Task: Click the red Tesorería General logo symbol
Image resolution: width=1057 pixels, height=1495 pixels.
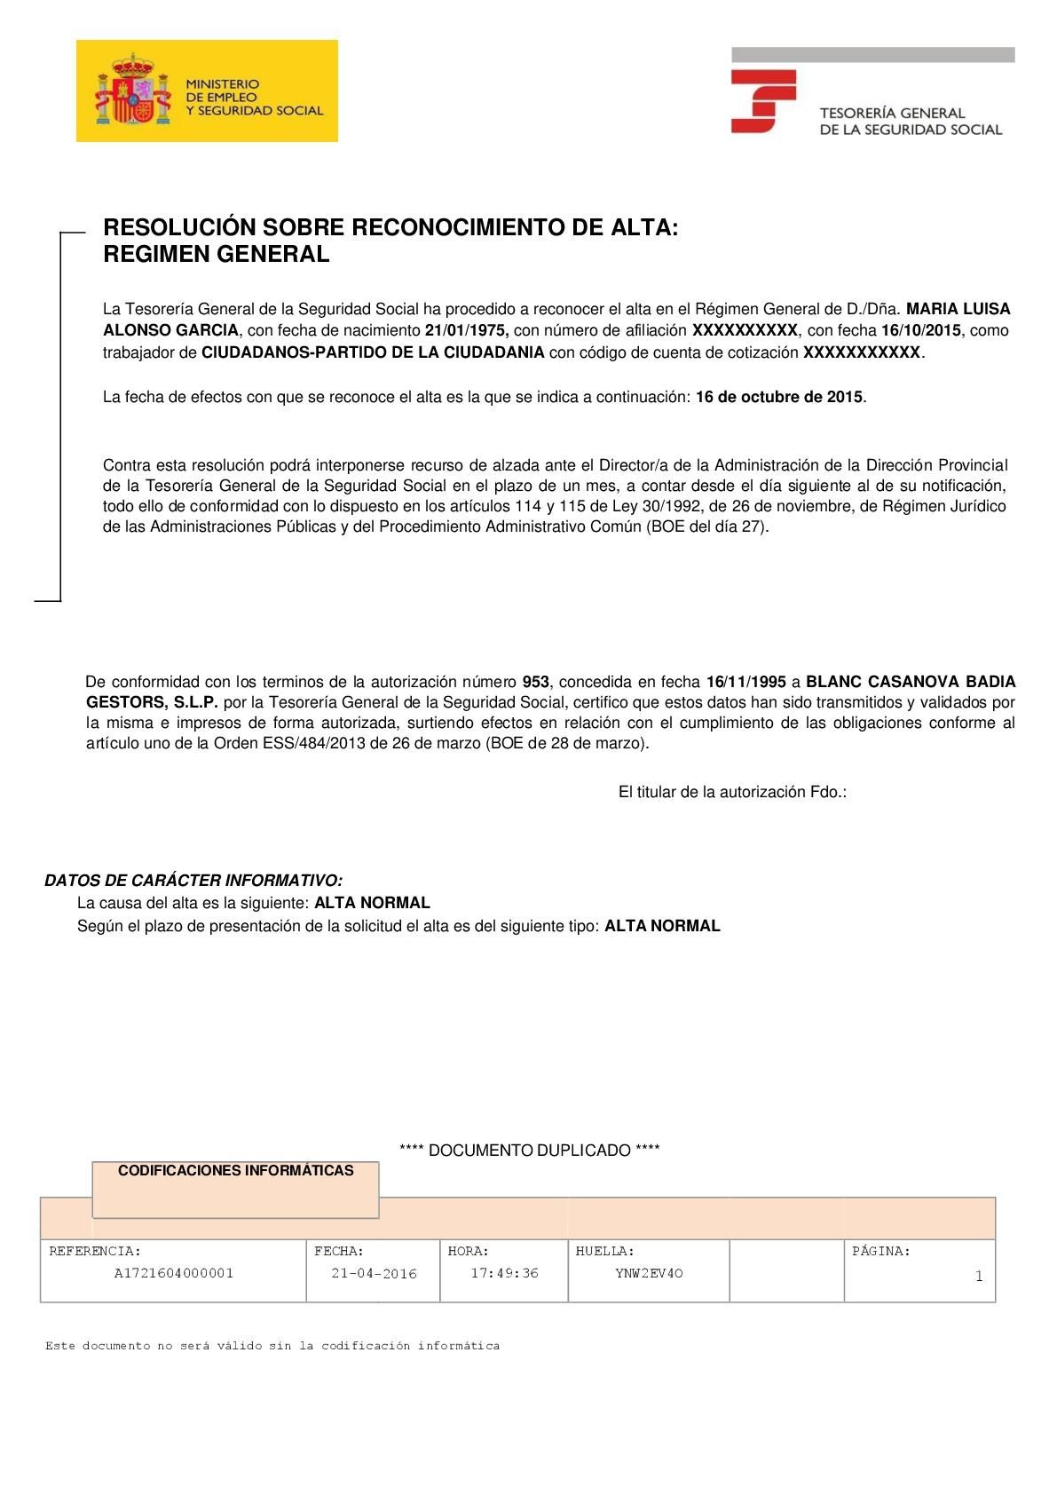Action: tap(762, 101)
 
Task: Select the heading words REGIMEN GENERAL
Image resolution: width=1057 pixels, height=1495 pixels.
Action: tap(216, 255)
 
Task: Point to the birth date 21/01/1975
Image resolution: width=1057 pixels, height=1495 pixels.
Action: tap(466, 330)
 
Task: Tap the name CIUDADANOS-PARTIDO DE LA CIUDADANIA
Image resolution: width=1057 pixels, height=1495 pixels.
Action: tap(373, 352)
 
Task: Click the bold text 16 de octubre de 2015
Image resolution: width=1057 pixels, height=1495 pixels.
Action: tap(778, 397)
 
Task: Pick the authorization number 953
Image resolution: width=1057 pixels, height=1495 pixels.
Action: tap(535, 682)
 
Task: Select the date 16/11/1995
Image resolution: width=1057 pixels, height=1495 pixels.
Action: tap(745, 682)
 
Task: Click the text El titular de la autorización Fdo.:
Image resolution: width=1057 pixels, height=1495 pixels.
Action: tap(732, 792)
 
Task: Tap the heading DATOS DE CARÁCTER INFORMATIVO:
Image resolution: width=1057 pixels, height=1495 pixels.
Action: tap(193, 881)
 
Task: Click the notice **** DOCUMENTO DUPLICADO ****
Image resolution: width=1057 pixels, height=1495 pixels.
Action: tap(529, 1151)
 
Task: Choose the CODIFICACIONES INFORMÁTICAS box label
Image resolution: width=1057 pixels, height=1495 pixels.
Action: tap(235, 1171)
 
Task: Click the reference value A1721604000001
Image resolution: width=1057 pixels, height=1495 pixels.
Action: tap(174, 1273)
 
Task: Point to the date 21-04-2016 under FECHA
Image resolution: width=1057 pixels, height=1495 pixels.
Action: tap(374, 1274)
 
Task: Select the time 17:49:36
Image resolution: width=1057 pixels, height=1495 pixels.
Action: tap(504, 1273)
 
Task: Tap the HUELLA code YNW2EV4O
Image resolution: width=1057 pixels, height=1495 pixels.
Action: tap(649, 1273)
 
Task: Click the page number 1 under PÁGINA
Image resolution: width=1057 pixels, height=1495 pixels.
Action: tap(978, 1277)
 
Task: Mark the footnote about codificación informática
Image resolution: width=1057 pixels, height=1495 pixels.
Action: tap(272, 1346)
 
